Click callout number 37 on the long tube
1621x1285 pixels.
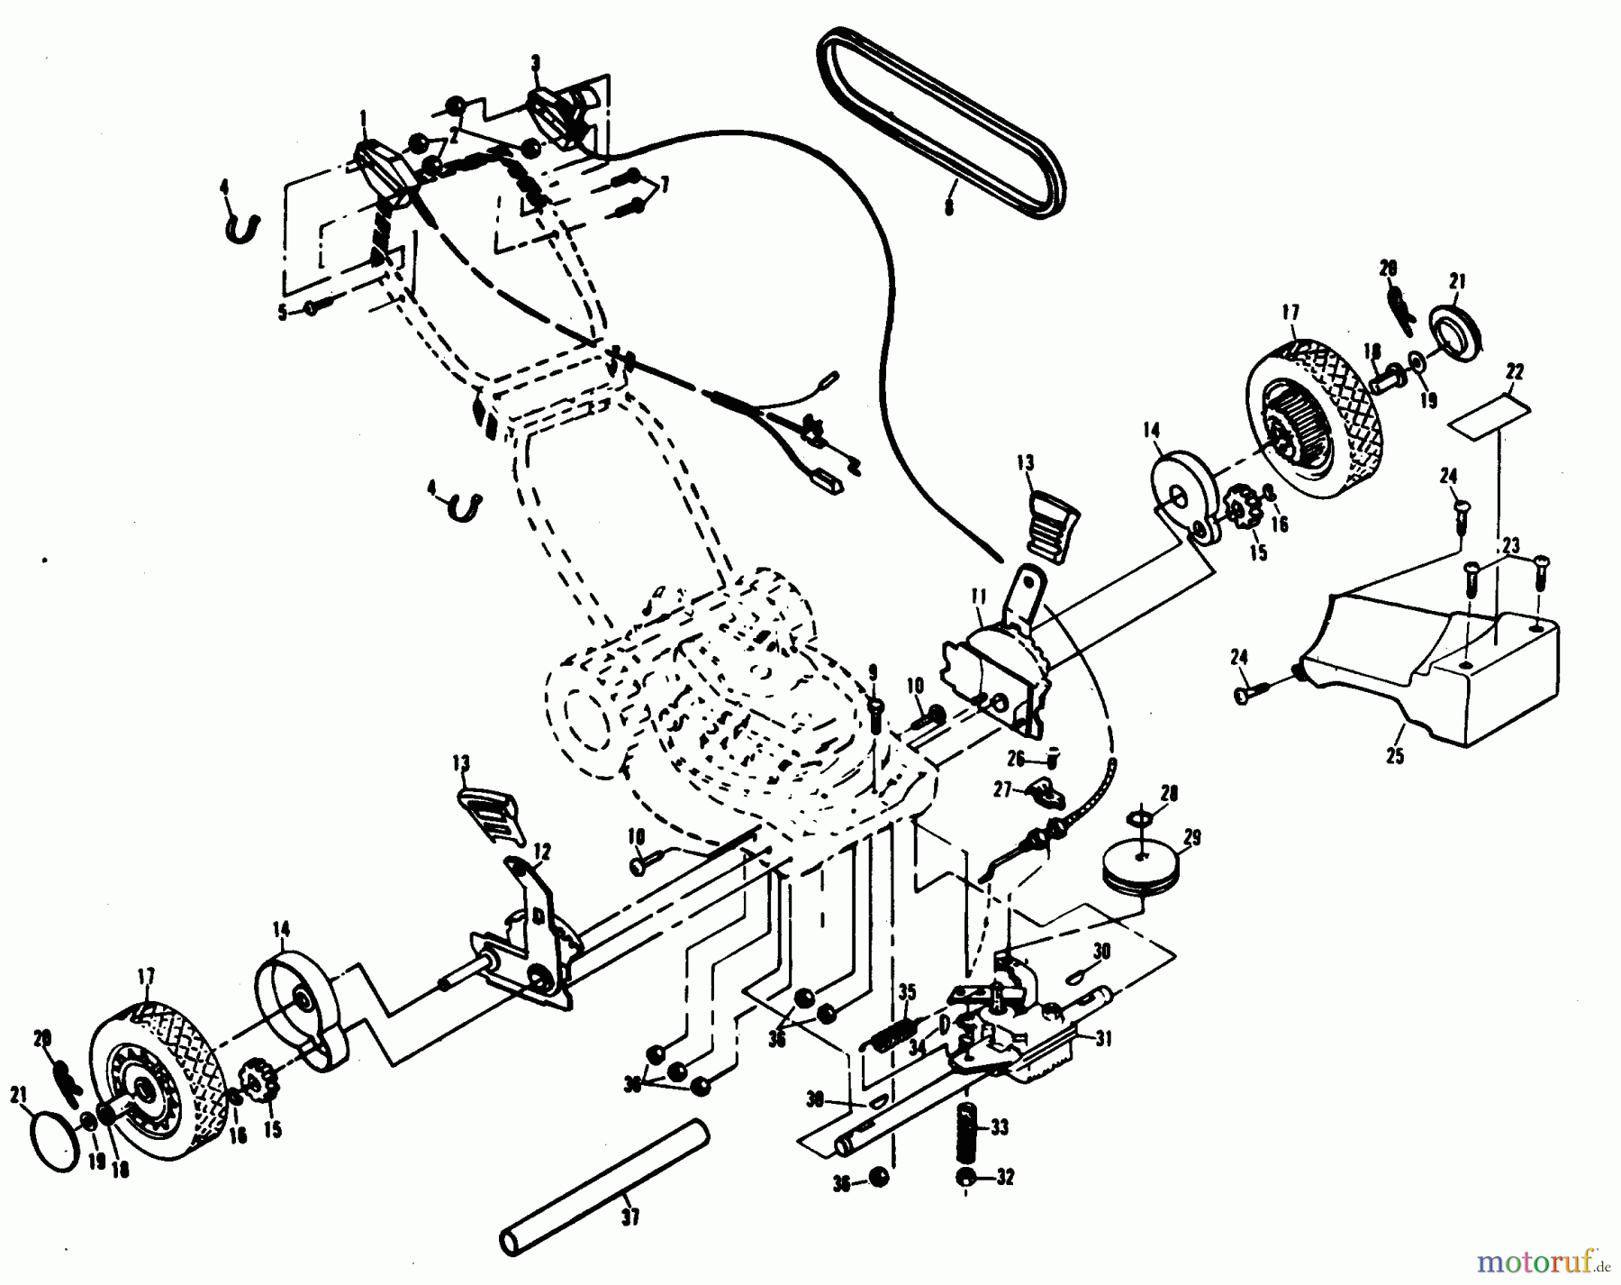pos(630,1218)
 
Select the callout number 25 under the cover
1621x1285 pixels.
pos(1394,756)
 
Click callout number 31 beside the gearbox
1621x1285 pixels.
pos(1103,1039)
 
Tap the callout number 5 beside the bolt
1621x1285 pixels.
pos(282,313)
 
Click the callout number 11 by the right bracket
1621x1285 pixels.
pos(980,596)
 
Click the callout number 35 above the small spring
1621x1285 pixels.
pos(907,992)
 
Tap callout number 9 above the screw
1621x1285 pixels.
pos(872,671)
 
